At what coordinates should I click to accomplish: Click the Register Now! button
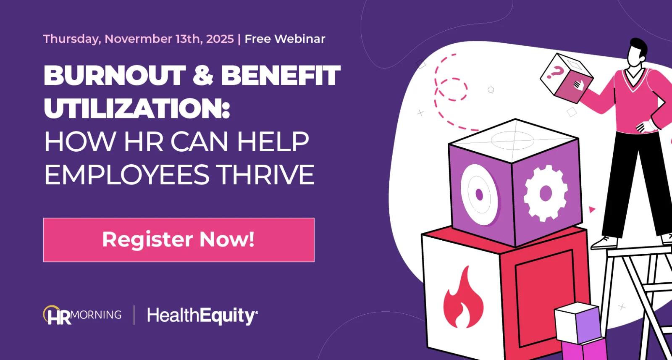[178, 240]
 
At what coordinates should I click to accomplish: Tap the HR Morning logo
[82, 315]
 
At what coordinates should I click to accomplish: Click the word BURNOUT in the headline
[115, 76]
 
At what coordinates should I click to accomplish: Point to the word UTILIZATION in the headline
[137, 108]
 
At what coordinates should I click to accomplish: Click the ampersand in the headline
[203, 76]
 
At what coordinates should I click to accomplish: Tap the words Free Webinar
[285, 39]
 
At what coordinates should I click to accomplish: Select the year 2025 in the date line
[220, 39]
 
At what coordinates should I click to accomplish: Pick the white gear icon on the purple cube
[546, 193]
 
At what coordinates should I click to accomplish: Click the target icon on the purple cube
[479, 194]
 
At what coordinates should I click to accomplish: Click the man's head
[638, 51]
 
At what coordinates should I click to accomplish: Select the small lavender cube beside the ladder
[578, 323]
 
